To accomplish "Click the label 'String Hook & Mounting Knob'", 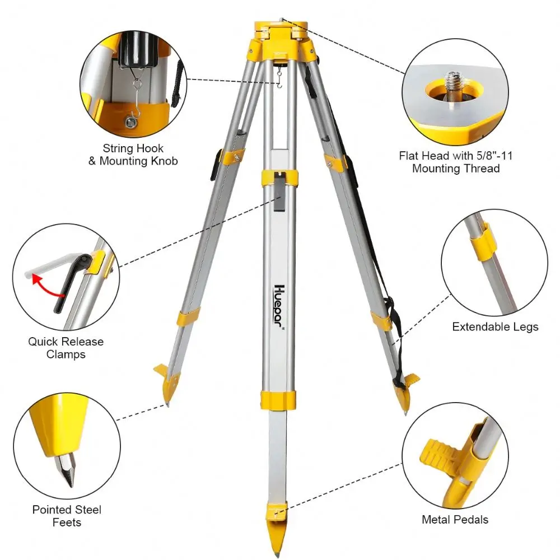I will pos(133,155).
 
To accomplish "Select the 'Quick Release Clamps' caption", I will pos(66,348).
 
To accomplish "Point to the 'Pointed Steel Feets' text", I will pos(67,516).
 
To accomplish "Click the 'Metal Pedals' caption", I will pos(455,520).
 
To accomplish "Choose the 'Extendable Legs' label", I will pos(495,326).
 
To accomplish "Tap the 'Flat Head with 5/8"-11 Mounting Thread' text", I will pos(456,162).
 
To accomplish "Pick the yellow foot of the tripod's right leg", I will pos(403,392).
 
